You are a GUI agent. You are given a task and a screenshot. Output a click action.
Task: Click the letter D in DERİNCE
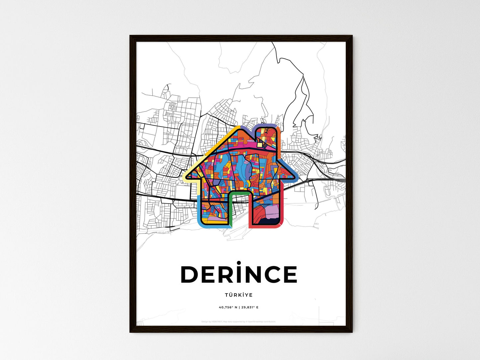coord(189,275)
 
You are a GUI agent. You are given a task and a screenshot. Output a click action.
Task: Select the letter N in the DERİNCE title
coord(251,275)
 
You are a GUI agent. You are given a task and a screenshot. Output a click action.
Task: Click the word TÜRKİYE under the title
coord(239,295)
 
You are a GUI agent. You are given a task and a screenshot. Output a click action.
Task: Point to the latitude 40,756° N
coord(228,307)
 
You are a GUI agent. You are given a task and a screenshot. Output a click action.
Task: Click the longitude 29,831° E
coord(249,307)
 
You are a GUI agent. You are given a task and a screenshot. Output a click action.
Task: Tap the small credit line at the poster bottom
coord(239,321)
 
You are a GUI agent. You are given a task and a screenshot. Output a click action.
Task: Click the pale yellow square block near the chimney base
coord(259,144)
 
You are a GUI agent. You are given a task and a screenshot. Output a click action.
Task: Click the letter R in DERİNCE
coord(222,275)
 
